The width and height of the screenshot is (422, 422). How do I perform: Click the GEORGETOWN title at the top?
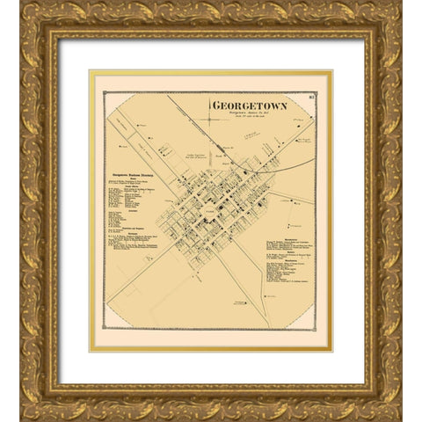tap(236, 106)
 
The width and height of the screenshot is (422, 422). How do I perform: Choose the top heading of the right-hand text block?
tap(291, 236)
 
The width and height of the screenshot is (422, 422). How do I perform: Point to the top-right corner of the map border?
tap(316, 92)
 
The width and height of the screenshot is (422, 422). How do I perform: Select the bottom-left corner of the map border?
tap(104, 330)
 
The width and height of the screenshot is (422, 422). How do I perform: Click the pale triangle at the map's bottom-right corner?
tap(308, 321)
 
